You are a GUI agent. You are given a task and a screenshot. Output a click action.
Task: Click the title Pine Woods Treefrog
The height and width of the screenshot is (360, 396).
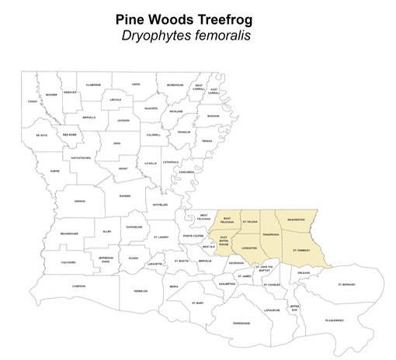[x=197, y=17]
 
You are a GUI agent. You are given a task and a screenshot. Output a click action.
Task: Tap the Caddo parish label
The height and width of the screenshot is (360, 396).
[x=33, y=102]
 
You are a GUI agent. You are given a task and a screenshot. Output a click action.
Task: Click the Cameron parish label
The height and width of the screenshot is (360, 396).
[x=78, y=286]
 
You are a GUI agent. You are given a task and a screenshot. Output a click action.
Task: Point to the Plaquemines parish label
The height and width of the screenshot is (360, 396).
[x=334, y=319]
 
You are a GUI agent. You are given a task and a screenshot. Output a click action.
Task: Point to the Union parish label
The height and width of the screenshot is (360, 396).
[x=136, y=84]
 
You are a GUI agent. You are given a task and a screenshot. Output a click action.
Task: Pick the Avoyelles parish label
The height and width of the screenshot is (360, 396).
[x=161, y=204]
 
